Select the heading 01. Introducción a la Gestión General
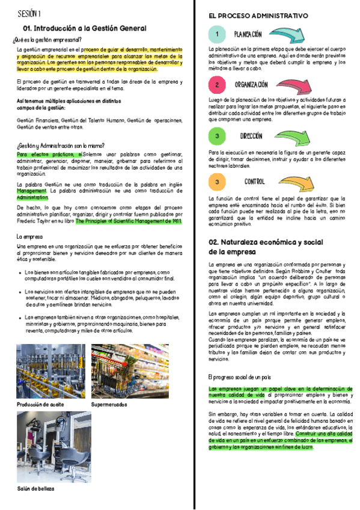[84, 28]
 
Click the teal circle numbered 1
[217, 34]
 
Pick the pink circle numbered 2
[217, 85]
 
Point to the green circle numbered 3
[217, 137]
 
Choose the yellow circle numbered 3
[217, 182]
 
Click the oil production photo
[50, 371]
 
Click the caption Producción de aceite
[40, 405]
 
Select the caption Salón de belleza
[35, 489]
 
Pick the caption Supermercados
[109, 405]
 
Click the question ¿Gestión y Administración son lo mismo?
[61, 146]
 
